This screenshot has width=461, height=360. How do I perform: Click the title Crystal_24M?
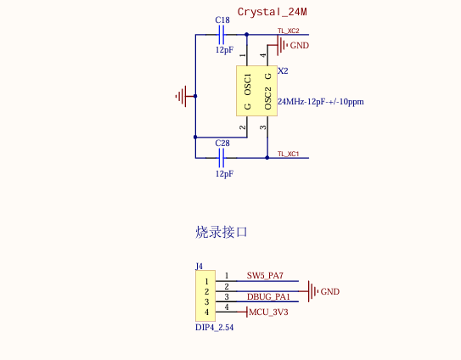271,12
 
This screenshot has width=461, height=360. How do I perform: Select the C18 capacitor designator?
222,20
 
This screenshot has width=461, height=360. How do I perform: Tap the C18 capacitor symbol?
222,35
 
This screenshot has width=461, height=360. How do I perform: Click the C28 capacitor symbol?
222,157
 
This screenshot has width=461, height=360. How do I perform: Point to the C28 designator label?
222,143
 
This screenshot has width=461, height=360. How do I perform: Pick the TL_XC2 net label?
288,31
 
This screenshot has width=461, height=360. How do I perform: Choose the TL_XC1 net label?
288,153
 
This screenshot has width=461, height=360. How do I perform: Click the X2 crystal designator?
283,70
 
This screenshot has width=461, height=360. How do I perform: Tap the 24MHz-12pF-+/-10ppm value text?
320,102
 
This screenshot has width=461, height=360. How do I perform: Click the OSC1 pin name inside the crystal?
248,84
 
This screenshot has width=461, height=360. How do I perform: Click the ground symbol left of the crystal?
182,96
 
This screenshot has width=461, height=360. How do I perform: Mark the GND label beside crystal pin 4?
300,45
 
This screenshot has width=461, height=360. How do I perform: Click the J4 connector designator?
200,266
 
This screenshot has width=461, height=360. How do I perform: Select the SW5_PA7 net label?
265,276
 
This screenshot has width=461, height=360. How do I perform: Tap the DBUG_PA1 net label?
268,296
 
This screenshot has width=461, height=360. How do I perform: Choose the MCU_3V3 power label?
268,312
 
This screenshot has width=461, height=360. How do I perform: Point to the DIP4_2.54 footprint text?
214,327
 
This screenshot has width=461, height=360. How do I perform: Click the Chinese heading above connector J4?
222,231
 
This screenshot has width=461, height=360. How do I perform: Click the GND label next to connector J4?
329,291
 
